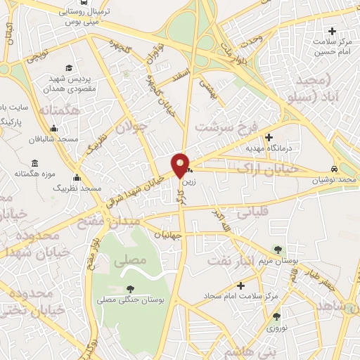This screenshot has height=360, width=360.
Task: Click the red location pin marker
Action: tap(180, 164)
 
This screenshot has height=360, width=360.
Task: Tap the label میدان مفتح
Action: tap(111, 221)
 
